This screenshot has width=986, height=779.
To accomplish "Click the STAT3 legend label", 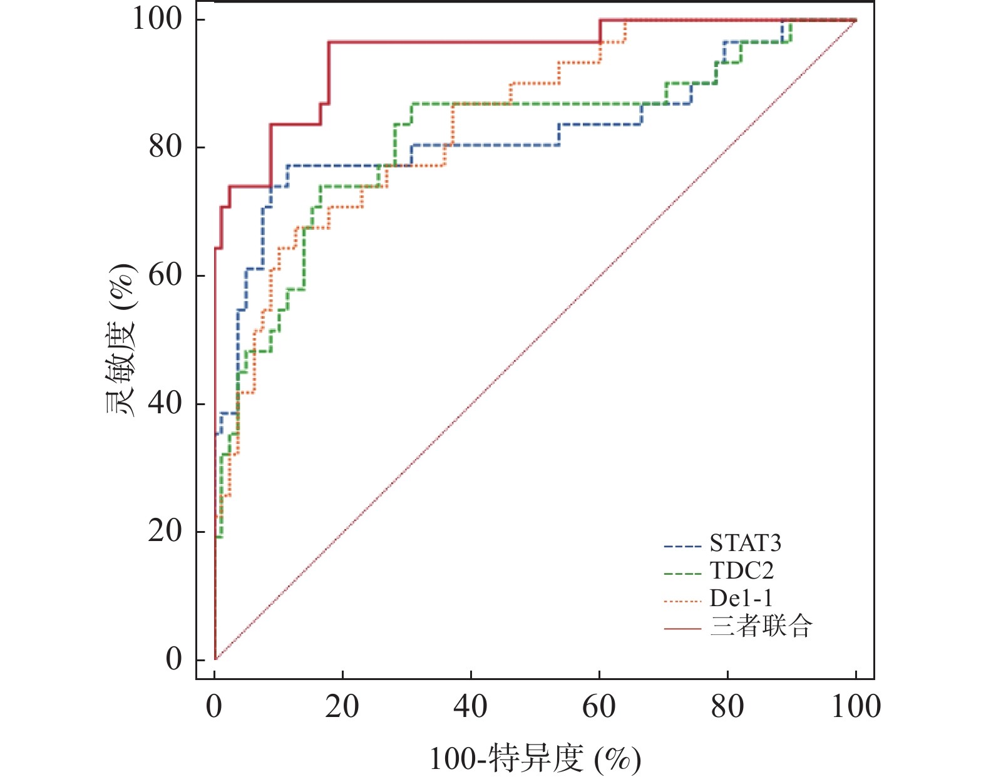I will pos(745,544).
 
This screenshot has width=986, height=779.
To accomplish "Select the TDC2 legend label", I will pos(741,571).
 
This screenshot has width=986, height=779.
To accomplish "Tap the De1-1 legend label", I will pos(741,599).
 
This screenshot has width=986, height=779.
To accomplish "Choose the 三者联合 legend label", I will pos(761,626).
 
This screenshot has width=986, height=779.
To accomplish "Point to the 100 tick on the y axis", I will pos(157,19).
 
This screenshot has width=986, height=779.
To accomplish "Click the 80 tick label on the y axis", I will pos(165,147).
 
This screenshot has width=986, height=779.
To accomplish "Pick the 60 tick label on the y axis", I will pos(165,275).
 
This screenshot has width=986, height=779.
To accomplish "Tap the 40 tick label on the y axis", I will pos(165,403).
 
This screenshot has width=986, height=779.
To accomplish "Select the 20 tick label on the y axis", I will pos(165,531).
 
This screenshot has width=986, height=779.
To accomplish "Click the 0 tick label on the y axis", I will pos(174,659).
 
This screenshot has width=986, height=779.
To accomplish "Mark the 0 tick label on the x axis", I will pos(215,706).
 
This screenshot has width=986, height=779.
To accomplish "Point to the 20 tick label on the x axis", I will pos(342,706).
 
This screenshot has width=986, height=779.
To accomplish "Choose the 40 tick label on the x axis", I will pos(471,706).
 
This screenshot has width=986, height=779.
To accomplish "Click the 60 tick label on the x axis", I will pos(599,706).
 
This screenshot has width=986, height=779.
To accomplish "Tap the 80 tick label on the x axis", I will pos(727,706).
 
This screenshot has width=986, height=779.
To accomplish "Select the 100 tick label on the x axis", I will pos(856,706).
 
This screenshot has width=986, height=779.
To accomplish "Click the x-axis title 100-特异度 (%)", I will pos(535,759).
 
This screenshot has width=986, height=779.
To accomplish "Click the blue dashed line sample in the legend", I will pos(682,547).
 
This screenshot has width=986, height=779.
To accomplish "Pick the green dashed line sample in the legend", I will pos(682,574).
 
